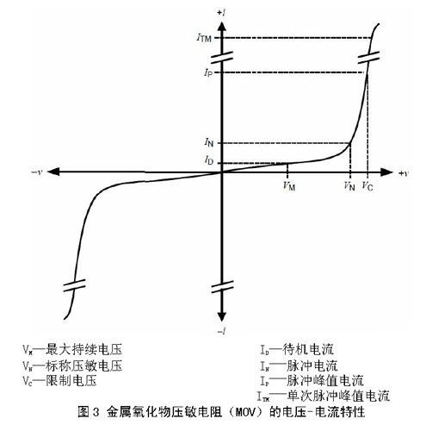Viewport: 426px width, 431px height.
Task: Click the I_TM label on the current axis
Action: coord(204,38)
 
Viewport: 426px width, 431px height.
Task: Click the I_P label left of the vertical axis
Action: coord(208,73)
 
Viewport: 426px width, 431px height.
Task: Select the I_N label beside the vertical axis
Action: coord(209,142)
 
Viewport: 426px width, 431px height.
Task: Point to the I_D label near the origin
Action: coord(209,160)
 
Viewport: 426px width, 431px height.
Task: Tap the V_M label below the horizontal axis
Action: coord(289,186)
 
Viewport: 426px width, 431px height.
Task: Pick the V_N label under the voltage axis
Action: coord(349,186)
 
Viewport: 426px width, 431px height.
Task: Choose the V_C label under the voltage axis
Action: coord(367,186)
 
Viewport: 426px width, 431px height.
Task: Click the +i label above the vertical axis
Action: coord(220,13)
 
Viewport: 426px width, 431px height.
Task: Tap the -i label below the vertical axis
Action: coord(221,331)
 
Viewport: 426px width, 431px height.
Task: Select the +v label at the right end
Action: coord(403,173)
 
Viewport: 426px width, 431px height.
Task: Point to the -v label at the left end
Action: coord(37,172)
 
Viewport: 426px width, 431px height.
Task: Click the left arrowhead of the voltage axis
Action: coord(53,172)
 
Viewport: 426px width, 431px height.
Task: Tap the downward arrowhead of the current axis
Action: coord(221,316)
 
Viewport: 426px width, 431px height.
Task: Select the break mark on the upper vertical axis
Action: coord(222,57)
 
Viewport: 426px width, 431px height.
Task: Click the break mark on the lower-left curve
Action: coord(74,285)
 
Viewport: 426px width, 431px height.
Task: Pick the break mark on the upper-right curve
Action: coord(368,58)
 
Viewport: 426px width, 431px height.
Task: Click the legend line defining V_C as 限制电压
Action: coord(59,381)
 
